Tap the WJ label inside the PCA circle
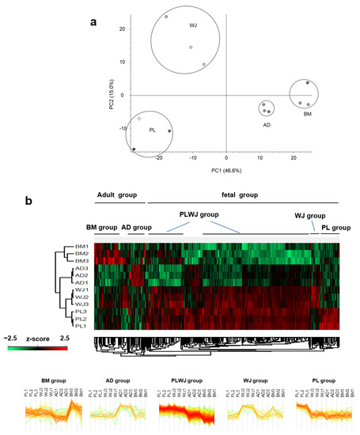pyautogui.click(x=192, y=26)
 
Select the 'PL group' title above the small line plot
pyautogui.click(x=311, y=377)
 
